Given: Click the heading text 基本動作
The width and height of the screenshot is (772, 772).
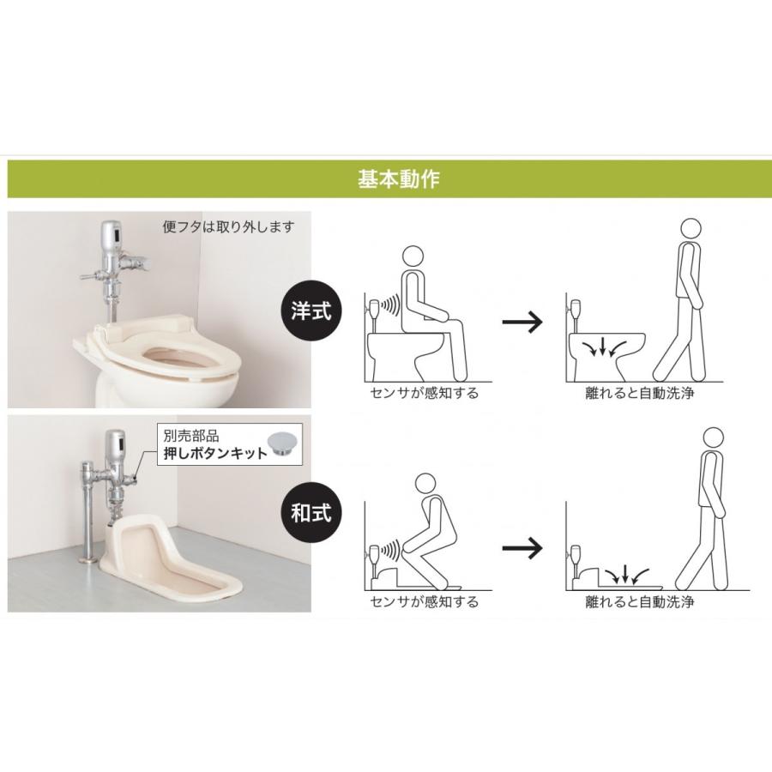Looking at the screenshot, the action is pos(398,178).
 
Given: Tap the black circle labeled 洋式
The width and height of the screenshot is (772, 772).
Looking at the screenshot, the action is pos(311,311).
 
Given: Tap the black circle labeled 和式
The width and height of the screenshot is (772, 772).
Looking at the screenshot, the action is pos(311,513).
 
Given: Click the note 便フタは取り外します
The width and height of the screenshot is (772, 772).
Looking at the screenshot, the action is pos(228,227).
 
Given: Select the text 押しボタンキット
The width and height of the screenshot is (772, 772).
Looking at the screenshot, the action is pos(215,453).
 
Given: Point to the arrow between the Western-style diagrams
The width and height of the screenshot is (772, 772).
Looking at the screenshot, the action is pos(522,322).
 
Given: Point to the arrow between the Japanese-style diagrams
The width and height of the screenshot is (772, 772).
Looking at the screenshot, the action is pos(522,548).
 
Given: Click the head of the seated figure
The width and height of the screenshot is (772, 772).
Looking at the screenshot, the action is pos(413,256).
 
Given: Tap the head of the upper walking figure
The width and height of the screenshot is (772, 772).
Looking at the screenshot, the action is pos(691,229).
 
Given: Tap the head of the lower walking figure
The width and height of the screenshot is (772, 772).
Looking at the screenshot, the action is pos(713,438).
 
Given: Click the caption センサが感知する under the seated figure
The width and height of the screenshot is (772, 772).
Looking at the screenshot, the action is pos(424,393).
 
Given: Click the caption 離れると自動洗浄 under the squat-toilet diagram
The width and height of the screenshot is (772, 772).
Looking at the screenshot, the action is pos(640,601).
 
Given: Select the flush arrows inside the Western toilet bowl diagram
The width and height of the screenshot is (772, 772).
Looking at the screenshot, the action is pos(604,347).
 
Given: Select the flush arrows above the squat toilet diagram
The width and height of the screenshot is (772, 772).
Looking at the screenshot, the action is pos(626,574).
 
